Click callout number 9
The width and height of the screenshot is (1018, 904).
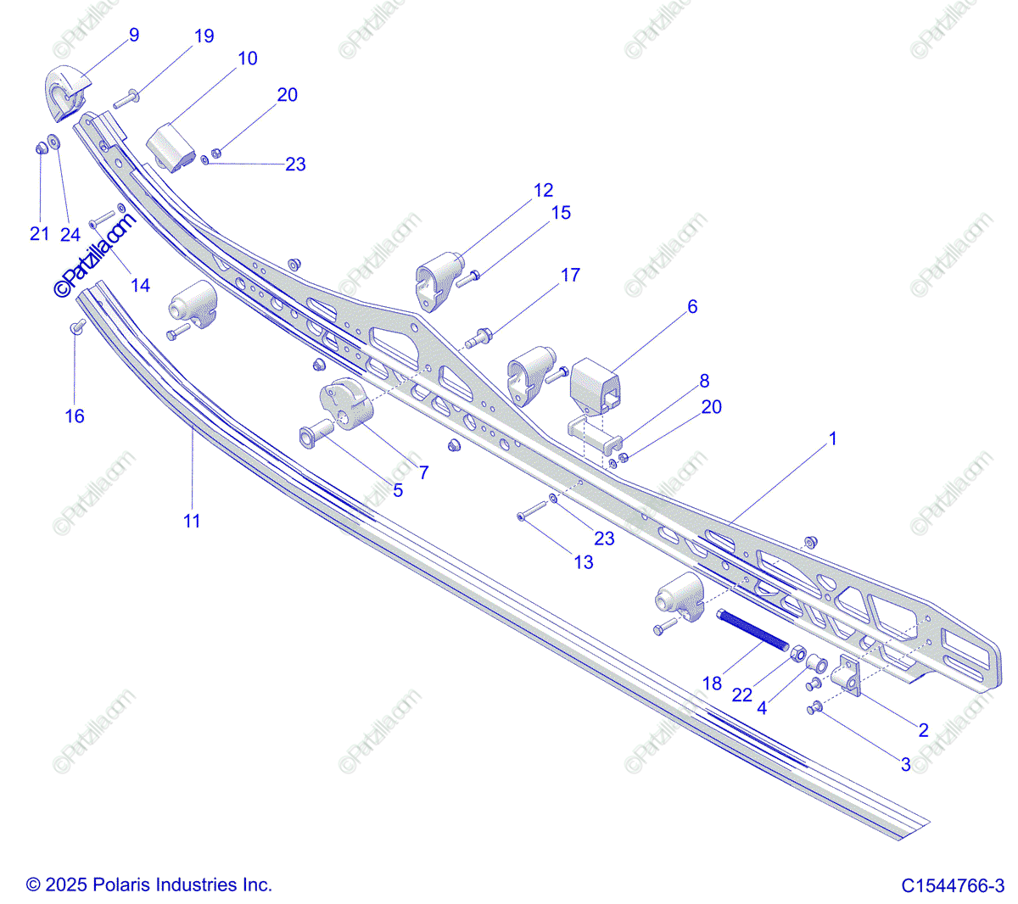coord(134,35)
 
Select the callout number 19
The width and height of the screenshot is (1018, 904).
coord(204,36)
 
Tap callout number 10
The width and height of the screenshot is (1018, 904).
coord(247,59)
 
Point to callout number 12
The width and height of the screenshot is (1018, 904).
coord(543,191)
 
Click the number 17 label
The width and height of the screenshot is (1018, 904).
coord(570,275)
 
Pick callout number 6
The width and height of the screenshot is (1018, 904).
coord(692,306)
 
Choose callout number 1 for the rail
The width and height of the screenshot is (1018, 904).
coord(832,438)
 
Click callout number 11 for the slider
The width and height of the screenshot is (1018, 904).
coord(192,521)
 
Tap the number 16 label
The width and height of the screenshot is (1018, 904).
coord(75,416)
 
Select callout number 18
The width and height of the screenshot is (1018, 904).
coord(712,683)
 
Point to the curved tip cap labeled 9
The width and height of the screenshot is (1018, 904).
coord(64,92)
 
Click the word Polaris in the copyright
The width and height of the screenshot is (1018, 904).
coord(118,884)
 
